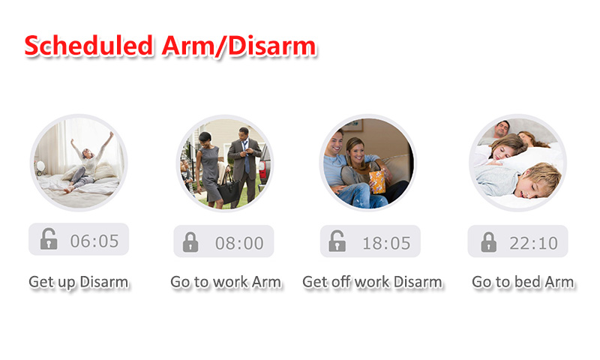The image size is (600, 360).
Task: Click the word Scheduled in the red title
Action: tap(88, 46)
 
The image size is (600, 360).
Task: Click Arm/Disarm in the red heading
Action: tap(238, 46)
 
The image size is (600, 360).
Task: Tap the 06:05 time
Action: tap(94, 241)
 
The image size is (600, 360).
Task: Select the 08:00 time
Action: tap(239, 243)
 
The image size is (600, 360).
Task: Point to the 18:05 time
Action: tap(386, 243)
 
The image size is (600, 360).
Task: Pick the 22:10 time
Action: tap(533, 243)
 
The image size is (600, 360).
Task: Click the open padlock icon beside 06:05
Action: tap(49, 239)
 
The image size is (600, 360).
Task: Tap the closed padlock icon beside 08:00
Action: tap(190, 241)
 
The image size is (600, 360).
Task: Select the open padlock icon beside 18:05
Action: tap(337, 241)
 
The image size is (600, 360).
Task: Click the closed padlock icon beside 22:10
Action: tap(489, 241)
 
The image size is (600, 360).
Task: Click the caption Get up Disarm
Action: tap(79, 282)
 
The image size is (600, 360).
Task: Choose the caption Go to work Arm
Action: tap(226, 282)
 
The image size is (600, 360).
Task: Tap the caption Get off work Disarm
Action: tap(372, 282)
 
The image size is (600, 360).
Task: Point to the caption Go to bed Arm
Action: tap(523, 282)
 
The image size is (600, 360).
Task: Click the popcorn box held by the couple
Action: tap(377, 182)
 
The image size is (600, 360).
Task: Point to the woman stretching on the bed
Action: tap(86, 163)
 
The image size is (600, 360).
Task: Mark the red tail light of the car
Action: tap(262, 168)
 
